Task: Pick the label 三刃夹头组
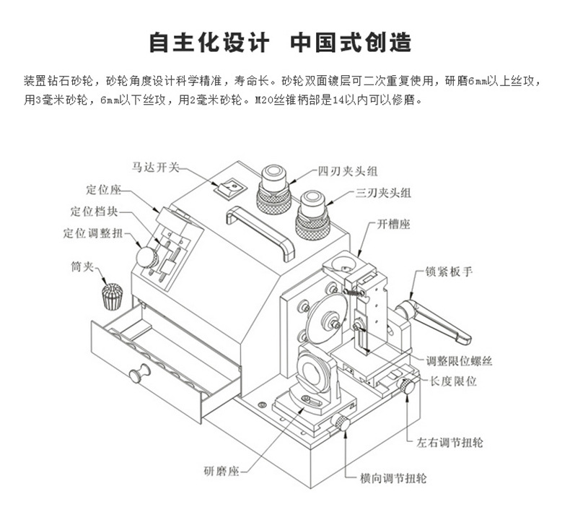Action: [383, 193]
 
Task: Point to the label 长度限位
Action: [452, 381]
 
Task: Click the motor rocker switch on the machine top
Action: [230, 189]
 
